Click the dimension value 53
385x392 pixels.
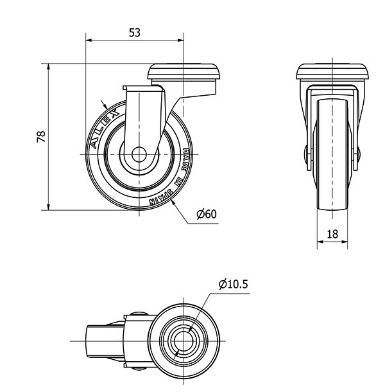point(135,33)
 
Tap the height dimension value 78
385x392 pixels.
point(41,136)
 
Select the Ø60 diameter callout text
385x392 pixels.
point(207,214)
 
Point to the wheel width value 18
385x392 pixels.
point(332,235)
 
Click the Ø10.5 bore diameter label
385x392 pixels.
point(233,284)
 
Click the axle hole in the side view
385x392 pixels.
point(139,154)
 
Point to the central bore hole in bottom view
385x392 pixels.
point(184,341)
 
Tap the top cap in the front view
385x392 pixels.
point(332,71)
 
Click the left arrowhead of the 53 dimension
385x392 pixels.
point(89,40)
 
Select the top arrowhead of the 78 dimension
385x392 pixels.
point(48,67)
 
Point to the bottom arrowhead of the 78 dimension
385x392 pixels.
point(48,207)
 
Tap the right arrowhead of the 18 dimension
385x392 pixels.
point(345,242)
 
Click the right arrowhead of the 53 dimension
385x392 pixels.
point(180,40)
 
